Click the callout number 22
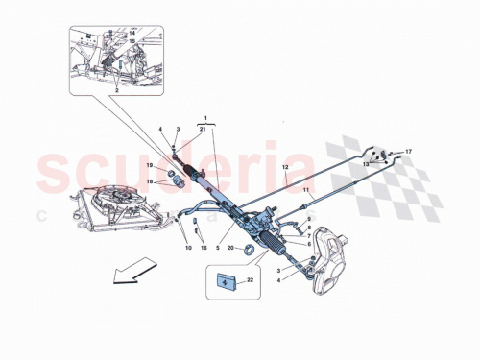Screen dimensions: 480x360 click(x=251, y=279)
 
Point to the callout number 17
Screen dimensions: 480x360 click(x=408, y=153)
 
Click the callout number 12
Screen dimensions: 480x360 click(x=285, y=167)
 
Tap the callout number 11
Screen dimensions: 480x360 click(x=306, y=191)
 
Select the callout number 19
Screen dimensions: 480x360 click(x=151, y=167)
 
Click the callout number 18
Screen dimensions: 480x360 click(x=149, y=181)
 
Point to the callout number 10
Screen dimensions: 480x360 click(x=189, y=247)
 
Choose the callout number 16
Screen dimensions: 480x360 click(x=204, y=247)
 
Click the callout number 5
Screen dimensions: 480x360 click(x=219, y=247)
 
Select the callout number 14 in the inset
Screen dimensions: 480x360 click(x=133, y=33)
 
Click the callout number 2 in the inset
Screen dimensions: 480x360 click(x=117, y=89)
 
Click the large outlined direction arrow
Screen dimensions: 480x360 click(x=133, y=270)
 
